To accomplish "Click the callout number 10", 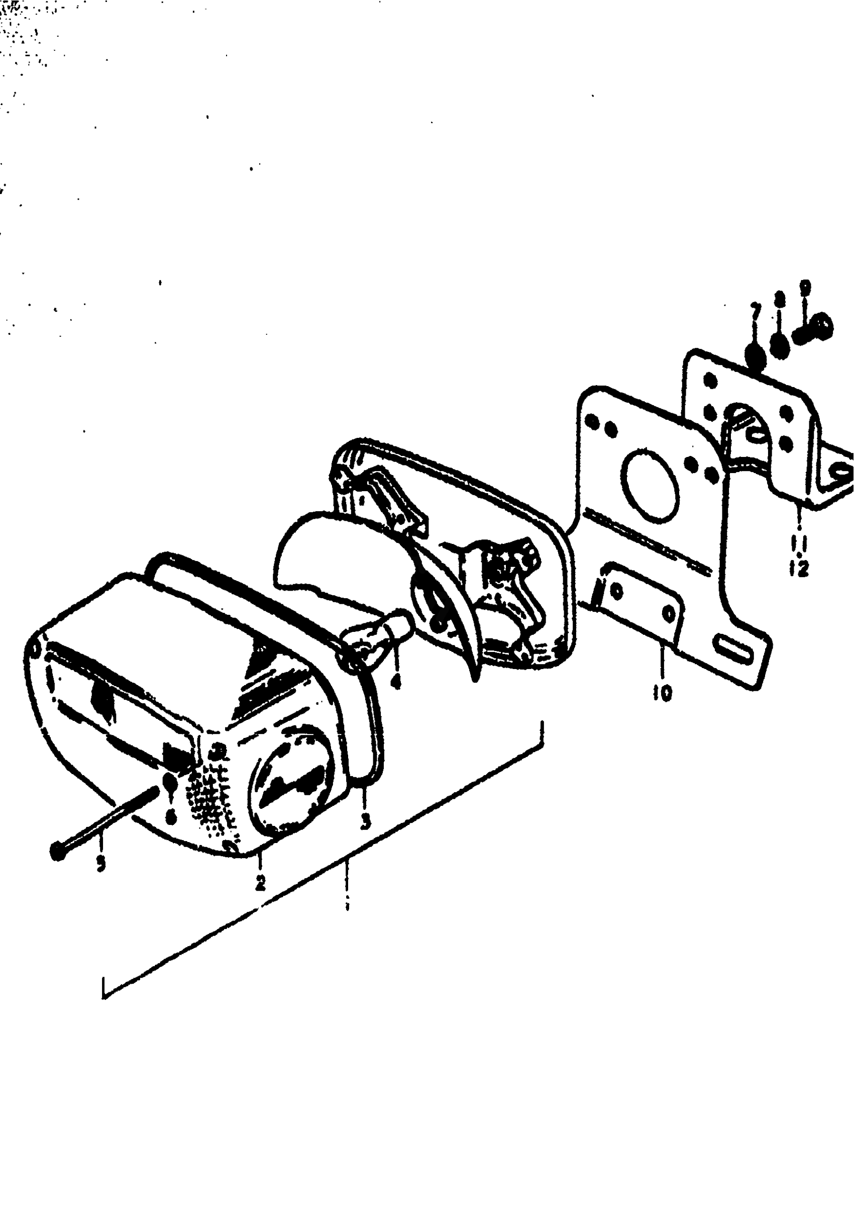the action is tap(662, 692).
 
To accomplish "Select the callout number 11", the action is tap(800, 542).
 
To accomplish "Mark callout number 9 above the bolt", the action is tap(804, 288).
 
